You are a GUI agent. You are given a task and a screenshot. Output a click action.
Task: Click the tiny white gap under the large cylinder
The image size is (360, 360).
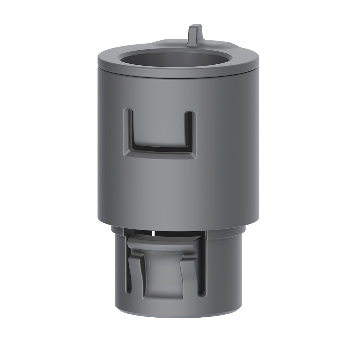click(x=152, y=233)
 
